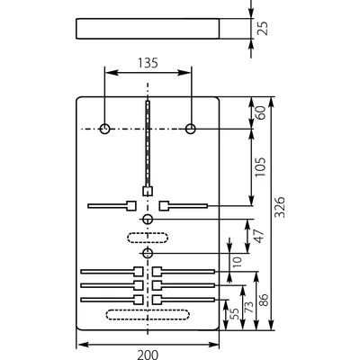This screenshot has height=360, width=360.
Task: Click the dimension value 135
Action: (x=148, y=63)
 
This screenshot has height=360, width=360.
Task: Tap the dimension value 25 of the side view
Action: (x=262, y=28)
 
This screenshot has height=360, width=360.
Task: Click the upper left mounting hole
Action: (x=105, y=130)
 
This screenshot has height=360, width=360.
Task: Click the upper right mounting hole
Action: (x=191, y=130)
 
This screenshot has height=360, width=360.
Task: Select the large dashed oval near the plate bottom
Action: (x=148, y=313)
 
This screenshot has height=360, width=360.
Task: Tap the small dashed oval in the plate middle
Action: (x=148, y=236)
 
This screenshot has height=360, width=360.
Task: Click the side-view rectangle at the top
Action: (x=148, y=28)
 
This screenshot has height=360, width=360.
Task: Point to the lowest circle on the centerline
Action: (x=148, y=254)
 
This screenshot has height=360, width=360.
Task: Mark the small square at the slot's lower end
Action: (x=147, y=191)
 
